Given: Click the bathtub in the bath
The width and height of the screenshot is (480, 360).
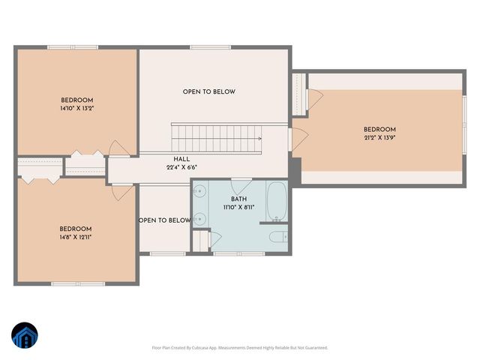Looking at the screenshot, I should click(x=276, y=200).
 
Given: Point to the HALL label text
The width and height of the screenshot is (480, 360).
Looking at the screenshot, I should click(x=181, y=159).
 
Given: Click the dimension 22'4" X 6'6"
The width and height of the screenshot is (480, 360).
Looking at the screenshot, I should click(x=181, y=168).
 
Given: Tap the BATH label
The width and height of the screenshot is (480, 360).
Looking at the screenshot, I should click(x=238, y=199).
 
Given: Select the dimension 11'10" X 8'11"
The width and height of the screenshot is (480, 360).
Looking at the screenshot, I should click(x=238, y=207).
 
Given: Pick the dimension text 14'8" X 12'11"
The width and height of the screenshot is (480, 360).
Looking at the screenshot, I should click(x=76, y=237).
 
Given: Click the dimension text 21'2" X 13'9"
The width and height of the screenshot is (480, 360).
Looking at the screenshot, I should click(x=379, y=138).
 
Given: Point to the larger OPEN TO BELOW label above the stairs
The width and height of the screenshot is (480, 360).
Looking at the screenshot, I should click(x=208, y=91).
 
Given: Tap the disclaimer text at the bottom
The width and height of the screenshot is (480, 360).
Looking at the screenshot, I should click(x=240, y=347).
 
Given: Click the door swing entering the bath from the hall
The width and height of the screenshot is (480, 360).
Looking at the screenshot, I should click(x=241, y=185).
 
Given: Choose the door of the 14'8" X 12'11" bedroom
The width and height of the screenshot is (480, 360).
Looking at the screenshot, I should click(x=121, y=191).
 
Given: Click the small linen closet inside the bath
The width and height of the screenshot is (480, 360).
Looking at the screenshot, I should click(x=200, y=241).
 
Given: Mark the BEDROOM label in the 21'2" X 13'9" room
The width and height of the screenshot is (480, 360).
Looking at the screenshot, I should click(x=379, y=130).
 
